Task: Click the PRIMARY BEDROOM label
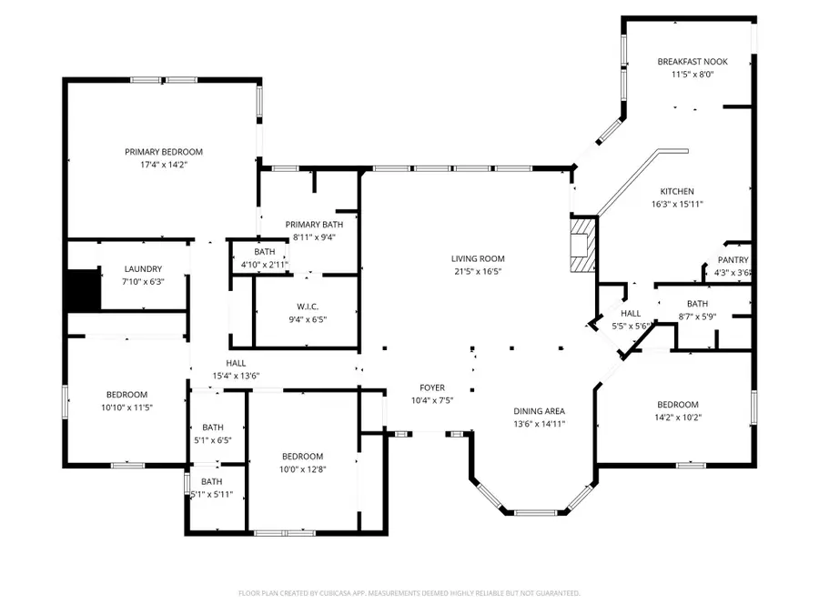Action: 164,152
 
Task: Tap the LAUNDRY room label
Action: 143,269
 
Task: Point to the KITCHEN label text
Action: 677,192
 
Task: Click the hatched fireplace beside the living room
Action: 581,244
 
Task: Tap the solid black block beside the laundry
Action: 81,289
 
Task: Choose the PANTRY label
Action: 733,260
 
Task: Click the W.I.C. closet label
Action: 307,307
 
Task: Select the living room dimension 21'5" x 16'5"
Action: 479,271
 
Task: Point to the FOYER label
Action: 431,388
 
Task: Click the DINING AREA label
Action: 540,411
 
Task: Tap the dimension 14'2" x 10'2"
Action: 678,418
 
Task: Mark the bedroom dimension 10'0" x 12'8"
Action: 301,469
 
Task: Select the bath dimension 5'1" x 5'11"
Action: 211,494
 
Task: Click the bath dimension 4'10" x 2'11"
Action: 264,265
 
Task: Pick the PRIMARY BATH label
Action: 314,225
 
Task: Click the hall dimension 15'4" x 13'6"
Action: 237,376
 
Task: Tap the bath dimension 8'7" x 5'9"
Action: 698,317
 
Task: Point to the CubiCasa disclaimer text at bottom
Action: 409,593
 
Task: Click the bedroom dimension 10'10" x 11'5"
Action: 126,407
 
